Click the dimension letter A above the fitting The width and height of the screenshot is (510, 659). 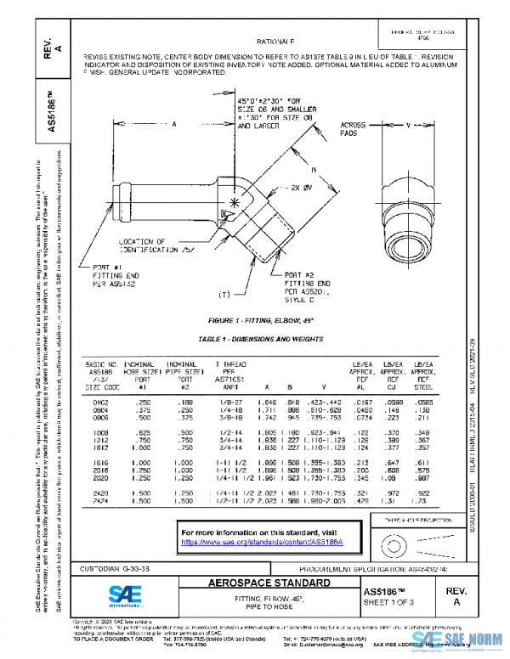(x=173, y=124)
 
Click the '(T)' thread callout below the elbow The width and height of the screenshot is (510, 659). (x=224, y=295)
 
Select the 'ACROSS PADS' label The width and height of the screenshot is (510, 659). (x=353, y=129)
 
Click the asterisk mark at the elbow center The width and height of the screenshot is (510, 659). (x=233, y=204)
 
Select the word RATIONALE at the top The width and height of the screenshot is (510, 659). (x=275, y=41)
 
